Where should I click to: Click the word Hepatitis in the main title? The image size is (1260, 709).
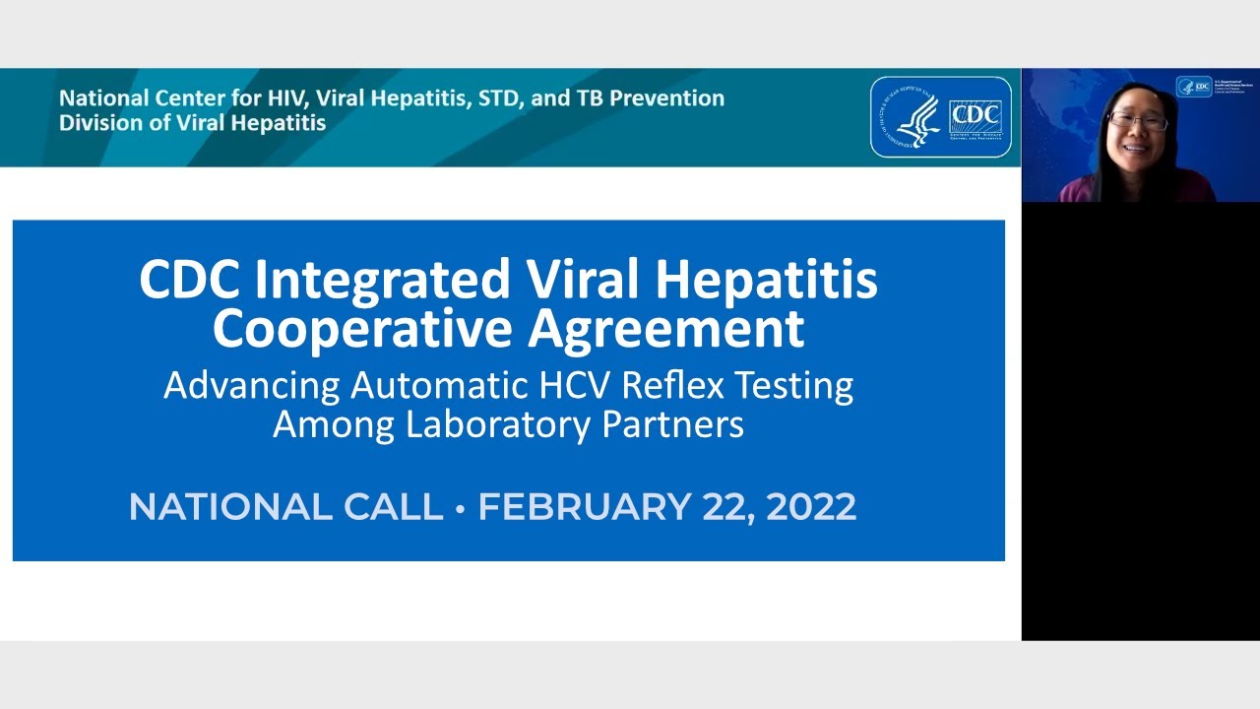pyautogui.click(x=766, y=281)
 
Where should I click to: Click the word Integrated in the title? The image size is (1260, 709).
pyautogui.click(x=385, y=281)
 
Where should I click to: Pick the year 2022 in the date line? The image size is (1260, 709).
pyautogui.click(x=811, y=507)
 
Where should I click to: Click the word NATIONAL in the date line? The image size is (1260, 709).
pyautogui.click(x=216, y=507)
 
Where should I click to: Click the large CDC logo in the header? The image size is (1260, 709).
pyautogui.click(x=975, y=117)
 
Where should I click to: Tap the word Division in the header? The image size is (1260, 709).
pyautogui.click(x=96, y=123)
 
